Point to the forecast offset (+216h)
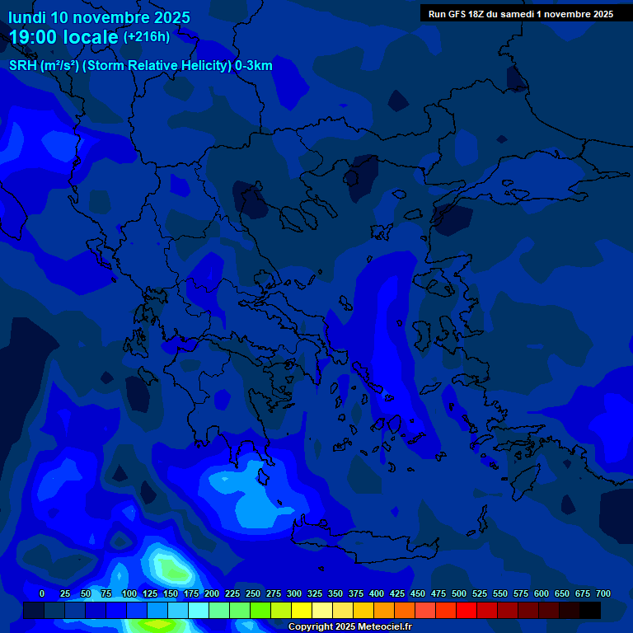pos(147,37)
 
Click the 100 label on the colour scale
pos(129,594)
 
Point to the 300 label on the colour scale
pos(294,594)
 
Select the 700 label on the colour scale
pos(603,594)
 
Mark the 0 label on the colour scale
pos(42,594)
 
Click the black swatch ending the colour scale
pos(590,610)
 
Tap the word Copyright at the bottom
pos(311,627)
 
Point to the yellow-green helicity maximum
pos(171,569)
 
